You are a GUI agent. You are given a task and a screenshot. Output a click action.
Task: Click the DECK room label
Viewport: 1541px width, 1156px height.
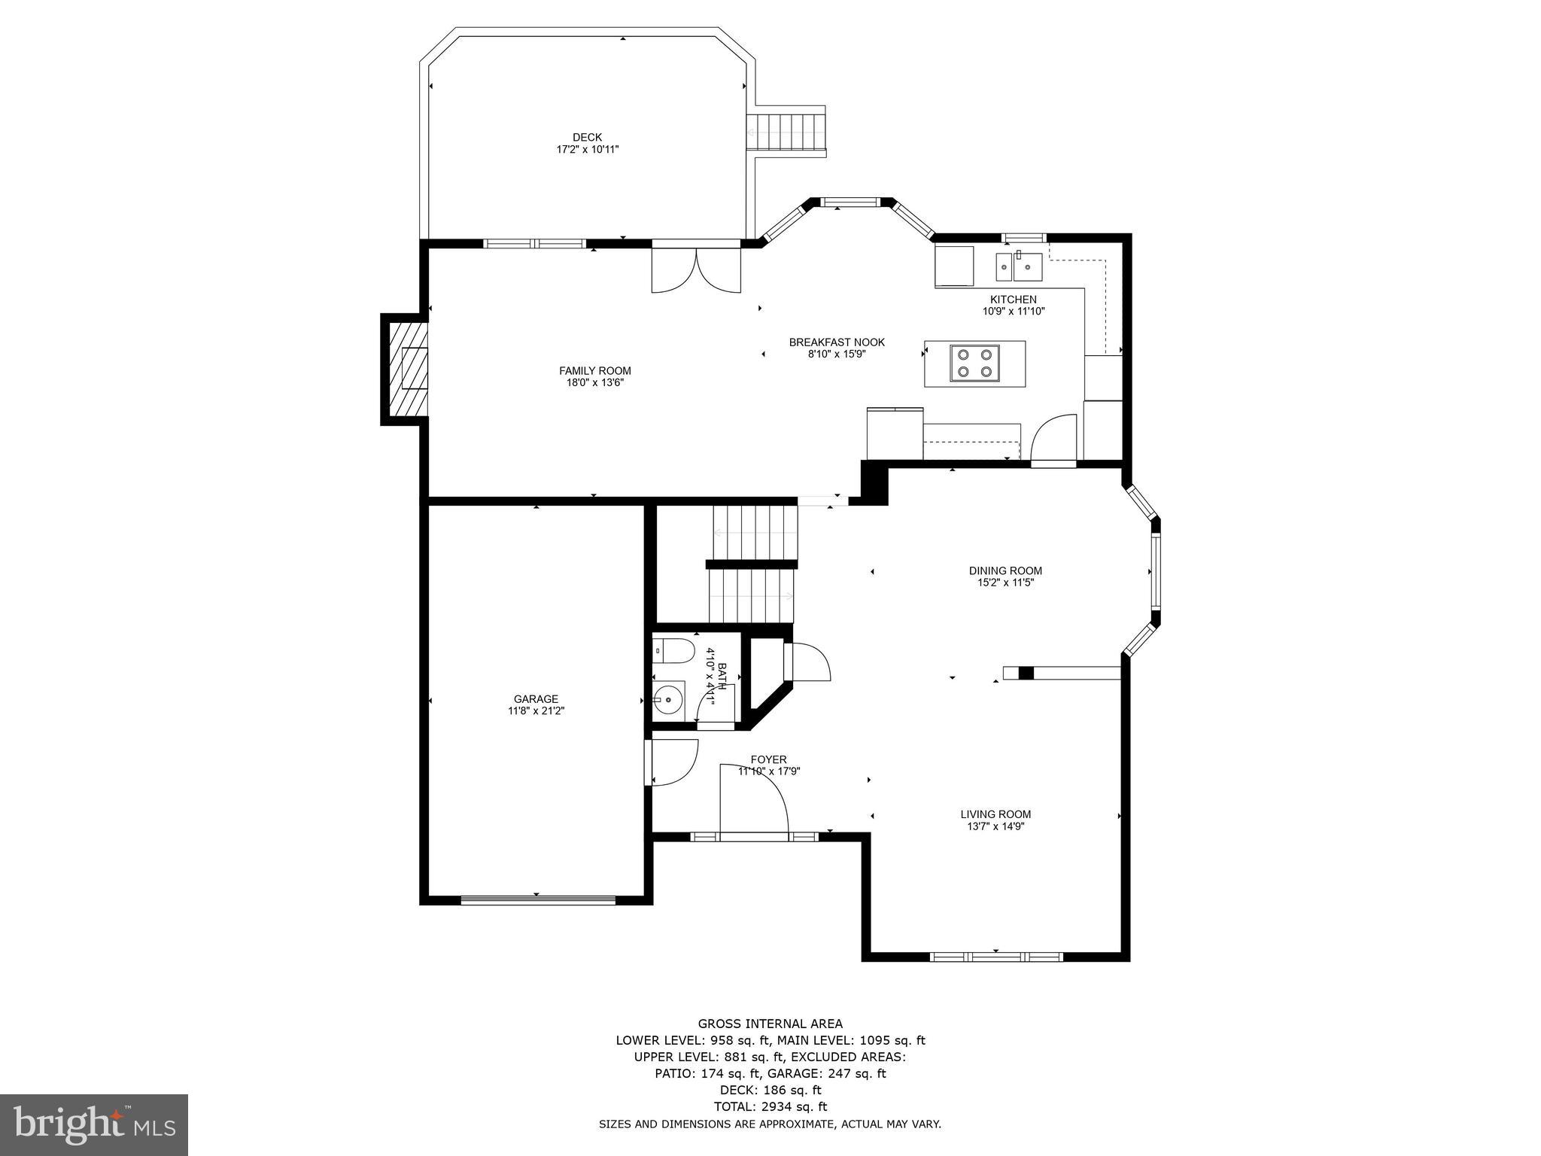[x=587, y=137]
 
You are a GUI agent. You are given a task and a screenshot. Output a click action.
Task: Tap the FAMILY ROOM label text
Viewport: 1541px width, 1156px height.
[x=594, y=370]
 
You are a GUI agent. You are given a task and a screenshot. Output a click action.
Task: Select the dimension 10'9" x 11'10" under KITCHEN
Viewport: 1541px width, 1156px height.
[x=1013, y=311]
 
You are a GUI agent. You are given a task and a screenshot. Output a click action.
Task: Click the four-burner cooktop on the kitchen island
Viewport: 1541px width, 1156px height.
[x=974, y=364]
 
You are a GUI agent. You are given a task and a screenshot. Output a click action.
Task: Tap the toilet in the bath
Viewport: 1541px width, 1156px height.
[x=673, y=650]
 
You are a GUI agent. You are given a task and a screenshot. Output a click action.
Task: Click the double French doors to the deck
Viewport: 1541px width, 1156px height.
[x=696, y=269]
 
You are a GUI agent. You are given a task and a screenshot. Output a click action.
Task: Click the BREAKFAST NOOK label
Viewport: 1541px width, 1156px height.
[x=837, y=342]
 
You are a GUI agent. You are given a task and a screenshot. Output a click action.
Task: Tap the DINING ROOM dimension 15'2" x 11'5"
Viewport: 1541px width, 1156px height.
[x=1005, y=582]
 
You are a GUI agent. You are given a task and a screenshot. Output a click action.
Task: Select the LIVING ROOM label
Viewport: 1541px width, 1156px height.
[x=995, y=814]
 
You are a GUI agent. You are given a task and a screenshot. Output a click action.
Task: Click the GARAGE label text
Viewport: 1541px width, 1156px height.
[x=536, y=698]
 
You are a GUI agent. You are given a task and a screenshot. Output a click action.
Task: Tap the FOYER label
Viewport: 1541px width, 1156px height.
[x=768, y=759]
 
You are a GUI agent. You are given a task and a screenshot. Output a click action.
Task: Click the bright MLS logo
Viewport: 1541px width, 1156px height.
[x=94, y=1125]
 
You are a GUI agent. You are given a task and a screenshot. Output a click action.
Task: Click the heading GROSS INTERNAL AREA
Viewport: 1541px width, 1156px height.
[x=770, y=1024]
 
